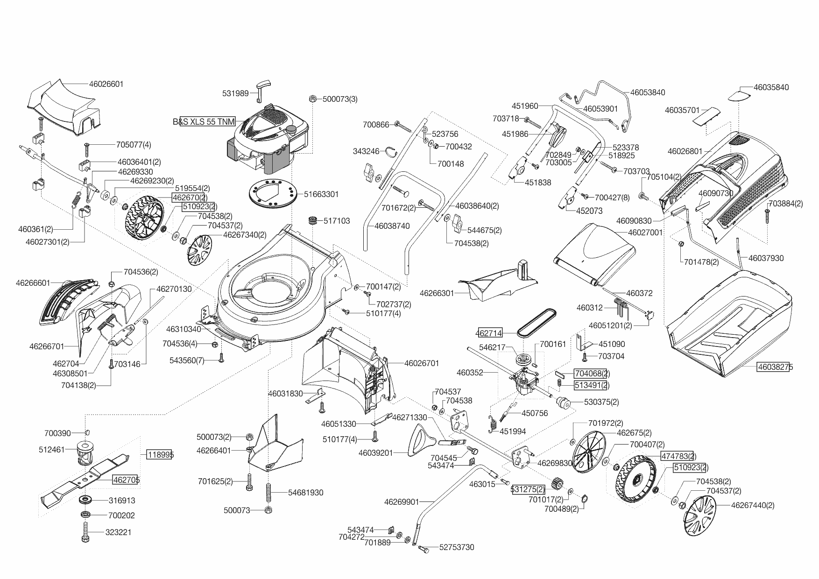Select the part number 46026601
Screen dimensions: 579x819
106,84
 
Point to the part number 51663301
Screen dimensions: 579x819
321,194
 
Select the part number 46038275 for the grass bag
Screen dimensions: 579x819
775,367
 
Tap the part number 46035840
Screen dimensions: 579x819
771,87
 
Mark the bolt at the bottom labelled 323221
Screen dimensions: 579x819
85,532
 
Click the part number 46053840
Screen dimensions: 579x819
647,92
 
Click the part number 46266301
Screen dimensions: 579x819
437,293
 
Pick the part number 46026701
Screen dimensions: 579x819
422,363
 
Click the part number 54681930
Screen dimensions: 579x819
305,493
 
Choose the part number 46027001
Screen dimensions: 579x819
645,232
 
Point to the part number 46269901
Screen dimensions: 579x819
402,502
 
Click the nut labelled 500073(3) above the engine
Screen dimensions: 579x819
313,99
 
